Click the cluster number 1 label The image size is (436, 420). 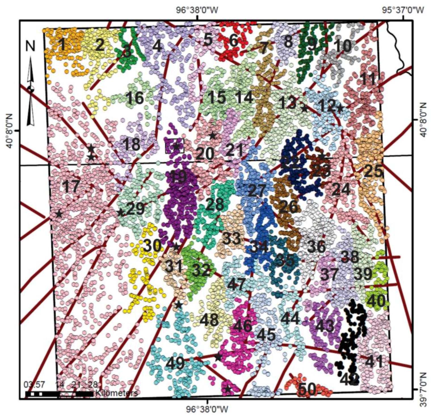coord(63,44)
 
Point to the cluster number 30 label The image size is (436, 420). coord(152,246)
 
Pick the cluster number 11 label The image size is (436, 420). coord(368,79)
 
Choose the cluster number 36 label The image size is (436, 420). coord(316,247)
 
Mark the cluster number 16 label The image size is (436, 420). coord(135,98)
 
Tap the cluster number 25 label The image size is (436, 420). coord(373,171)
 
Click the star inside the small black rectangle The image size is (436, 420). coord(176,147)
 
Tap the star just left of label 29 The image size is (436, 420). coord(121,212)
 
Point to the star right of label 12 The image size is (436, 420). coord(340,108)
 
